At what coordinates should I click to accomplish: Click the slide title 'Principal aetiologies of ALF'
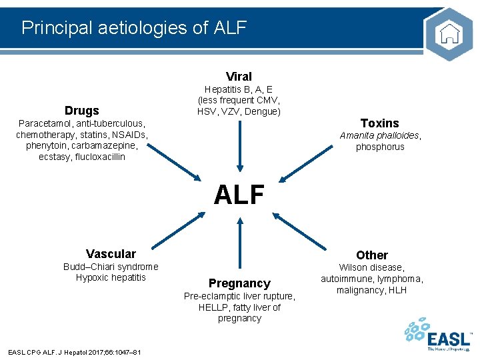(134, 27)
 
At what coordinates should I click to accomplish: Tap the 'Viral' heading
(239, 76)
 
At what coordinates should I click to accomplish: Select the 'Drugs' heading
(81, 111)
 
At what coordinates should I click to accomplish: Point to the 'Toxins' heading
(379, 123)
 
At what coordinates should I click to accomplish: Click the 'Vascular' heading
(111, 253)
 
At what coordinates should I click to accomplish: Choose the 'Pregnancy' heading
(239, 283)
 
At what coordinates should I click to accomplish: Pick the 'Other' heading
(372, 255)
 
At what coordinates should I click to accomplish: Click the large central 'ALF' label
(239, 195)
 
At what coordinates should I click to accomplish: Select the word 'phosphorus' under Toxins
(380, 147)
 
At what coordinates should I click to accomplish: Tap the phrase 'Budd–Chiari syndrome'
(111, 267)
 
